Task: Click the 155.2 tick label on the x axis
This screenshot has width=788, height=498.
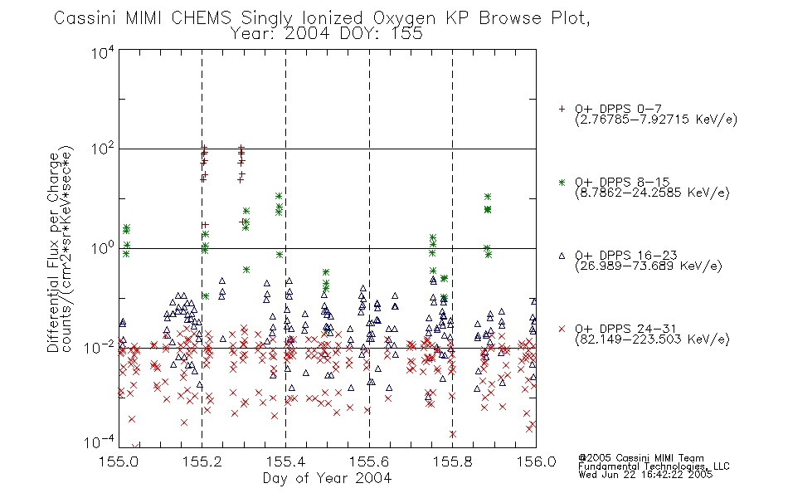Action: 202,461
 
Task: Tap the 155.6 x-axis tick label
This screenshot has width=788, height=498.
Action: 369,461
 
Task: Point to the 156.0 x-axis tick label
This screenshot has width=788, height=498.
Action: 536,461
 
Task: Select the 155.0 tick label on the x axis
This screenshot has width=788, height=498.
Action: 119,461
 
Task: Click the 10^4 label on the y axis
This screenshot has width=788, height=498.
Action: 103,52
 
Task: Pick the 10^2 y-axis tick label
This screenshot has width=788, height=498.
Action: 103,149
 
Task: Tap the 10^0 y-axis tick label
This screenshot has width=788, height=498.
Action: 103,248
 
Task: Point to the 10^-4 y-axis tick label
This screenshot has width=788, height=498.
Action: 100,442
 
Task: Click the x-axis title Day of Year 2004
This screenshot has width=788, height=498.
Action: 327,478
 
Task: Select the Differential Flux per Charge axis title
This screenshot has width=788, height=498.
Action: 53,252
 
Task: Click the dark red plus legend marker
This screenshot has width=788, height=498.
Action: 562,109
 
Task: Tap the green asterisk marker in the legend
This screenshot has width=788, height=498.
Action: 562,182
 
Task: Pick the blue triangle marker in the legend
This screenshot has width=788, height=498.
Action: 562,256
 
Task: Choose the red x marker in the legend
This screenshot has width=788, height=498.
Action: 562,329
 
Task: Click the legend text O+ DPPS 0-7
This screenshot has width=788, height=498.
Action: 618,109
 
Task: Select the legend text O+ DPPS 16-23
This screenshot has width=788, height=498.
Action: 626,255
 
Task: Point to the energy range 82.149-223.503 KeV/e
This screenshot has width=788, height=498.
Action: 652,339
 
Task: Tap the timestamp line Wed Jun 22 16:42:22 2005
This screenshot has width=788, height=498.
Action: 645,475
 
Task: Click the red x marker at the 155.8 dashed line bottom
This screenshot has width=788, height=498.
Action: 453,434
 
